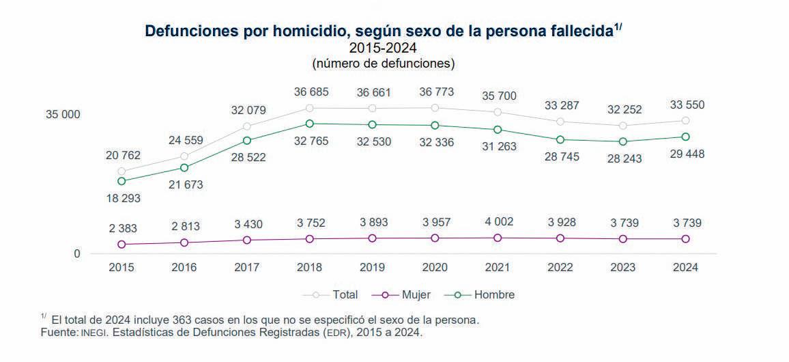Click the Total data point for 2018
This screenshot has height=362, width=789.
coord(310,108)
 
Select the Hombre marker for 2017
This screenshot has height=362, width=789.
coord(247,140)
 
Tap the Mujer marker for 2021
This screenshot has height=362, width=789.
coord(498,238)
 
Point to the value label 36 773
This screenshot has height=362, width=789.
coord(435,92)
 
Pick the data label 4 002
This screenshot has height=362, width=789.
coord(498,222)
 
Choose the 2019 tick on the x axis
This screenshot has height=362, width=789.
coord(372,268)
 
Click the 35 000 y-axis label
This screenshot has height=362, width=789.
coord(63,115)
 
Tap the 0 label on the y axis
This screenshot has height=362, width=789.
coord(77,254)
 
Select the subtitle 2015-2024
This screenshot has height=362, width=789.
coord(383,48)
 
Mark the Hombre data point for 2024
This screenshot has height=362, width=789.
coord(685,137)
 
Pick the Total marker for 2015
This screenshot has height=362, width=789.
coord(121,171)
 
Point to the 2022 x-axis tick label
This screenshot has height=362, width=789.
coord(560,268)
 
